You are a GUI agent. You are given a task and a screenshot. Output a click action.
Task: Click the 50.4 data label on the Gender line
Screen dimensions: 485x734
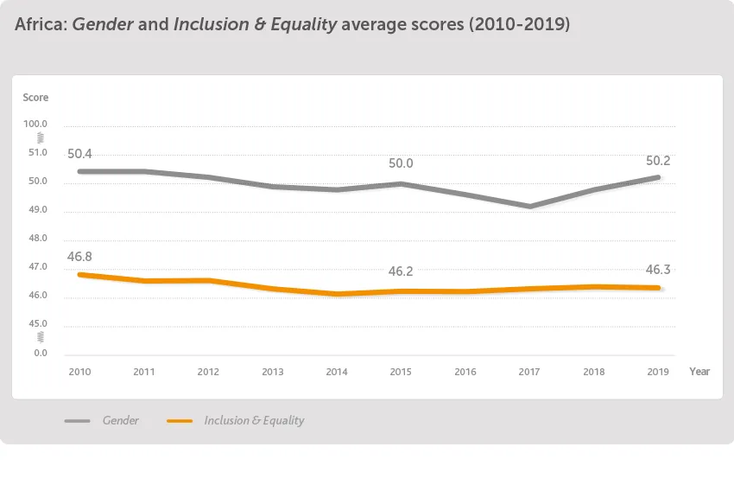tap(79, 154)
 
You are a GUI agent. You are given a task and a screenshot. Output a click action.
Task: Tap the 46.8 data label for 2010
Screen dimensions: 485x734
tap(79, 257)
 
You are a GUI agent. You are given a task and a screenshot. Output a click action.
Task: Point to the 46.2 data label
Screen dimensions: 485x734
tap(401, 271)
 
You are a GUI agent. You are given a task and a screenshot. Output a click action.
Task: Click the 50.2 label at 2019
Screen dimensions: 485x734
tap(659, 161)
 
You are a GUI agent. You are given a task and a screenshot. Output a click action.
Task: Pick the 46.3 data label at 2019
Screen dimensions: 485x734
tap(659, 270)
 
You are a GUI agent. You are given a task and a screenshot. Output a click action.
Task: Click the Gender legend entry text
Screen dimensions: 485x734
tap(121, 421)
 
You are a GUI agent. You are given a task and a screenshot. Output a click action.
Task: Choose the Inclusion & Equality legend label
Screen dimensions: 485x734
tap(254, 421)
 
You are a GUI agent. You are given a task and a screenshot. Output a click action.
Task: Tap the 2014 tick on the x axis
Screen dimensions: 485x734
tap(337, 372)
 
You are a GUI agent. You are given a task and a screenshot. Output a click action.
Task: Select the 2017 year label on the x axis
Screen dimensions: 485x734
tap(529, 372)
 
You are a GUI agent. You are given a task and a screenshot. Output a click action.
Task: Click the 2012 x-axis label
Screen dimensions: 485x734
tap(208, 372)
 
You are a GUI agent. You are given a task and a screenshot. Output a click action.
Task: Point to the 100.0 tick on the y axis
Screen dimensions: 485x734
tap(37, 124)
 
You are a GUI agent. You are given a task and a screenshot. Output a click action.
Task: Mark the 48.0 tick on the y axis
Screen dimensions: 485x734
tap(39, 239)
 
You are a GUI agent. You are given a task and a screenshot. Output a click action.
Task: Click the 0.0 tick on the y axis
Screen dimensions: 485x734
tap(41, 353)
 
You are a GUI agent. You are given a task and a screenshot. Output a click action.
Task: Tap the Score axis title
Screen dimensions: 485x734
tap(35, 98)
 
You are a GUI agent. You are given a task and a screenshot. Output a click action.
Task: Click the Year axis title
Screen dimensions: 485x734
tap(699, 372)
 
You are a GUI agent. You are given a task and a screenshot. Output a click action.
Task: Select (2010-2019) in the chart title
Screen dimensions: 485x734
tap(519, 25)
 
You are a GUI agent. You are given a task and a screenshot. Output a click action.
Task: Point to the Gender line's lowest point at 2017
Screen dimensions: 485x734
tap(529, 207)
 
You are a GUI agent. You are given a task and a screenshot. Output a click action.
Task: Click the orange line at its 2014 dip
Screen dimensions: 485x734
tap(337, 294)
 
